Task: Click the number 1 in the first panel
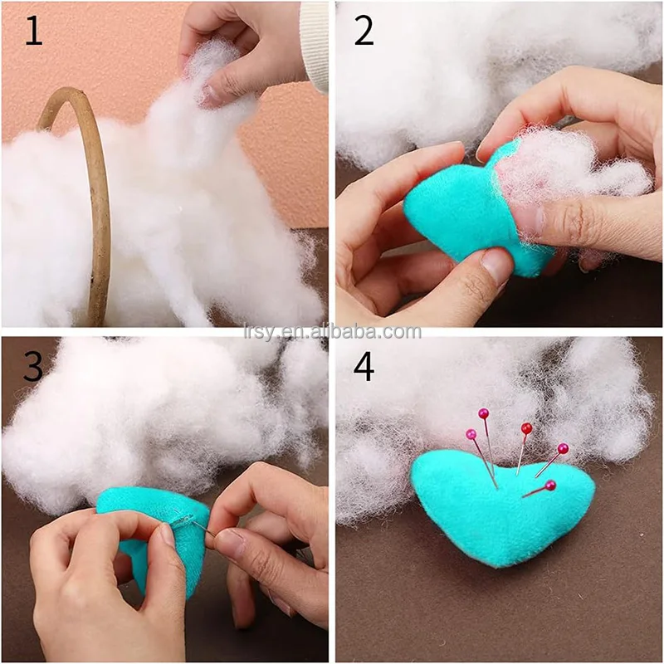pos(32,31)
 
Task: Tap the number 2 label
pos(364,31)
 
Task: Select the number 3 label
pos(33,366)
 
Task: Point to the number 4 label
pos(364,366)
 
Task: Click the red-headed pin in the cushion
pos(526,428)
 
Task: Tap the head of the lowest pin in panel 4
pos(550,485)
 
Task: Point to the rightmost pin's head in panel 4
pos(563,449)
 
